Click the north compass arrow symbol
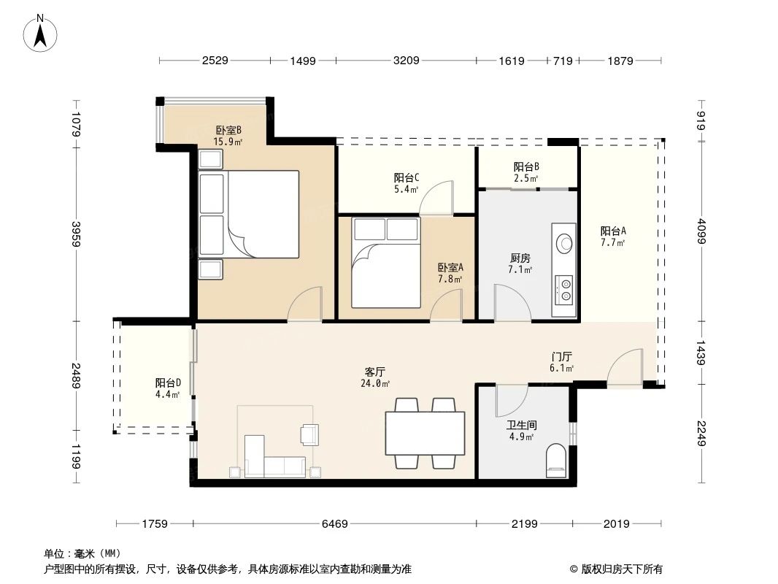click(x=42, y=33)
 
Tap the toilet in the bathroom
click(x=556, y=460)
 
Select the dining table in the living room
click(x=425, y=434)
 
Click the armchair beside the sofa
click(x=310, y=434)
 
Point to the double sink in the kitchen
click(x=563, y=288)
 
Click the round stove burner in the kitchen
click(x=563, y=242)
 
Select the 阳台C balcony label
click(x=406, y=177)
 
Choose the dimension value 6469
click(x=335, y=523)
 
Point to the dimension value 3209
click(x=406, y=61)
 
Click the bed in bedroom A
click(x=386, y=263)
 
